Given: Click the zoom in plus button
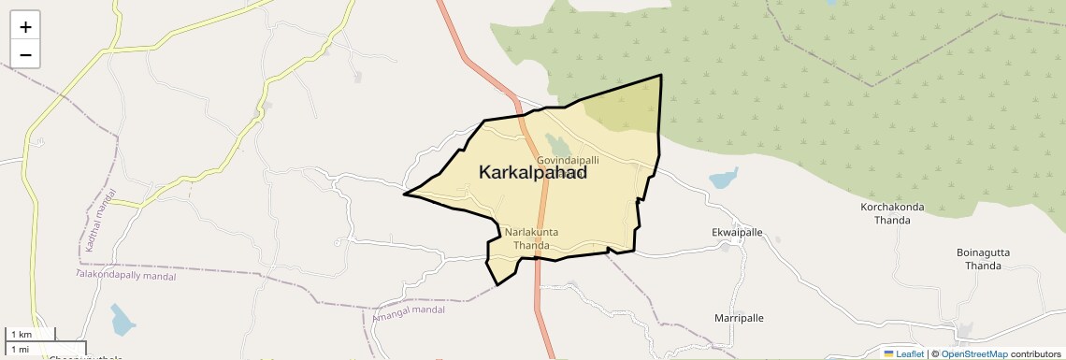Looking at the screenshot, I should pos(25,27).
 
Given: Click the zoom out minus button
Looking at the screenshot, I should pos(25,55).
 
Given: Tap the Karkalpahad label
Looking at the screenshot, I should pos(533,173).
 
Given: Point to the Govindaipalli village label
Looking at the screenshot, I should pos(568,161).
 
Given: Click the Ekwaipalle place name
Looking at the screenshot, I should pos(738,232).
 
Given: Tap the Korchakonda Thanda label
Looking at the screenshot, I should pos(891,213).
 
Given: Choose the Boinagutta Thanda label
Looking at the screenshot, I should pos(989,259).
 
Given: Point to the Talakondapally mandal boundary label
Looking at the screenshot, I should pos(125,276).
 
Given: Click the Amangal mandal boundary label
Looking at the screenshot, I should pos(409,315).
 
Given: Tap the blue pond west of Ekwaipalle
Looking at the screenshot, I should pos(723,178).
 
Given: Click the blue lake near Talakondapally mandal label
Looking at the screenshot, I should pos(122,320).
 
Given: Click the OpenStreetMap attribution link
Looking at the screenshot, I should pos(973,353).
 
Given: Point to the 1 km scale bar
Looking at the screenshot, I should pos(32,334).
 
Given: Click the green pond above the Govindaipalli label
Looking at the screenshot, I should pos(560,145).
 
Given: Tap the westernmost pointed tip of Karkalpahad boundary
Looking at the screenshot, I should pos(405,194).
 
